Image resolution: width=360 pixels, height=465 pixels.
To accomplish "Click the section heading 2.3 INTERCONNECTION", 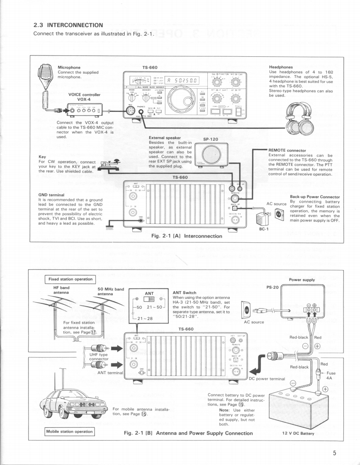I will [x=68, y=25].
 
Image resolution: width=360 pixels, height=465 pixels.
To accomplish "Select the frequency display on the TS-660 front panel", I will [x=180, y=81].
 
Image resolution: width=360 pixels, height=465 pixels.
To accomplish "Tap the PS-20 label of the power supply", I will [x=272, y=287].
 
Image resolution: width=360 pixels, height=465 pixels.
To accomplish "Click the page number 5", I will [x=334, y=452].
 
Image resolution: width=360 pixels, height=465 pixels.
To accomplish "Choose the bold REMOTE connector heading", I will [x=287, y=150].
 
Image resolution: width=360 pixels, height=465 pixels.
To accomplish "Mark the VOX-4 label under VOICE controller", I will [x=84, y=99].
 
